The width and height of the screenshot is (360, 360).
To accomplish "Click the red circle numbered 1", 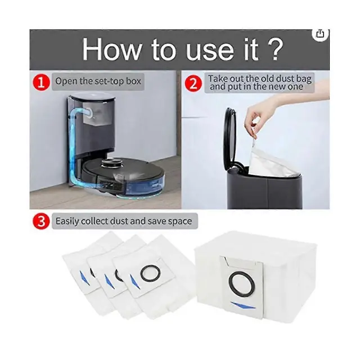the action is click(41, 83).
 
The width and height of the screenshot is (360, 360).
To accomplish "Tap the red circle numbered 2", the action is click(193, 83).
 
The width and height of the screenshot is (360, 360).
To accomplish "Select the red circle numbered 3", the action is click(41, 222).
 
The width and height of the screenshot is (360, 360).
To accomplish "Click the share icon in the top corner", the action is click(320, 34).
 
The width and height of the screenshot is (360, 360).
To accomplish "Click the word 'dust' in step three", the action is click(119, 221).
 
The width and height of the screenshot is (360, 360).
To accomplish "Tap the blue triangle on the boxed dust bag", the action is click(243, 305).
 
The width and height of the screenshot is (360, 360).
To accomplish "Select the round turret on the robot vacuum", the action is click(111, 163).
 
